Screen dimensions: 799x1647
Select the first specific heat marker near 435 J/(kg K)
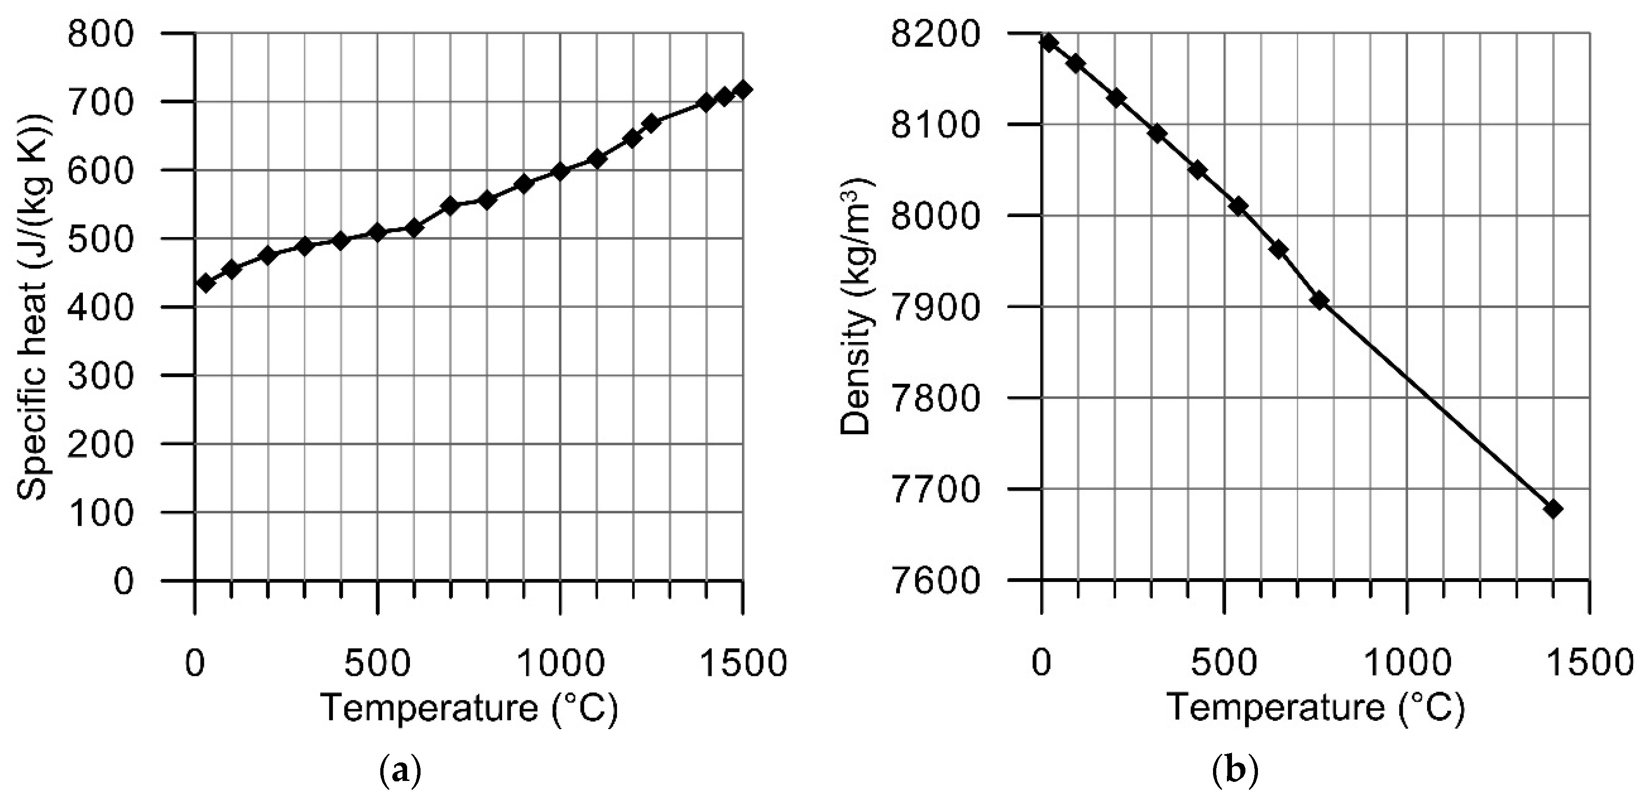click(205, 282)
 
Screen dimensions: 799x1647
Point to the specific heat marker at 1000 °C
click(560, 171)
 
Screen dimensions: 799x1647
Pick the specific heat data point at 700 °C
click(450, 206)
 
